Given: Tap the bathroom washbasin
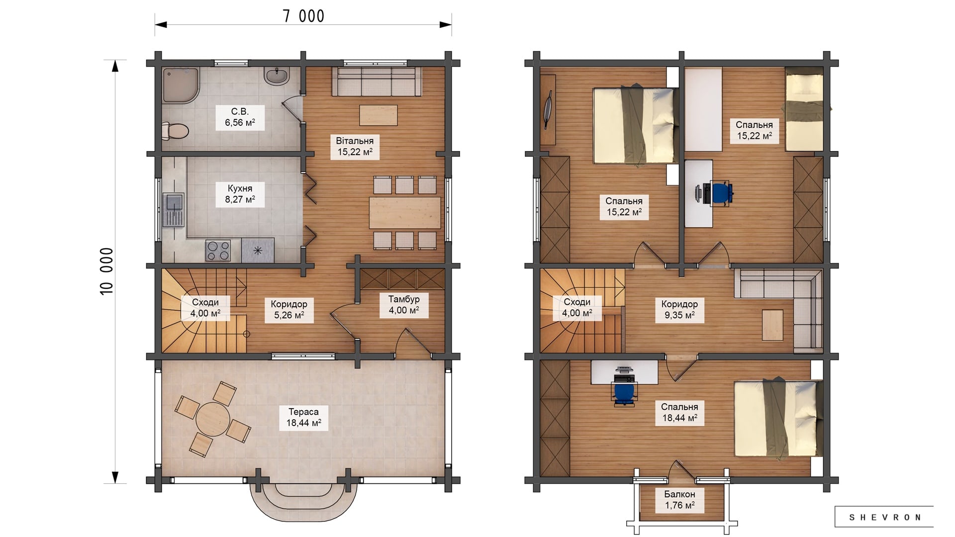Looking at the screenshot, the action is click(x=277, y=76).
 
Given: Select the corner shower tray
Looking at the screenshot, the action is click(x=181, y=86).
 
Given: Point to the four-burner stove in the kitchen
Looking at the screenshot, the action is click(x=218, y=250).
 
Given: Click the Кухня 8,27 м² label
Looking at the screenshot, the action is click(x=240, y=194).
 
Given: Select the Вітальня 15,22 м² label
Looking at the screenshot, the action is click(x=355, y=146).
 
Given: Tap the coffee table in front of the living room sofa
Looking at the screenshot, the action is click(x=379, y=115).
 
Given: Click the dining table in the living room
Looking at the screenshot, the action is click(x=405, y=212).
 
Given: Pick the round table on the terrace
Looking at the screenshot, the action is click(x=213, y=418).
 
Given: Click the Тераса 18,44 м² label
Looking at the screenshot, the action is click(x=303, y=417).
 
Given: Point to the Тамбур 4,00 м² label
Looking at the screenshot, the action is click(x=404, y=304).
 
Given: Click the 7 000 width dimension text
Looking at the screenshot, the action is click(x=303, y=16).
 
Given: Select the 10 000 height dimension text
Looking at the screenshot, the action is click(x=107, y=271).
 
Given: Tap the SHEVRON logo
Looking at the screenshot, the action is click(x=884, y=517).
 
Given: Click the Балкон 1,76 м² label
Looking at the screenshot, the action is click(x=679, y=500).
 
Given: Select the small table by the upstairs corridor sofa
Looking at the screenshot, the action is click(x=772, y=325).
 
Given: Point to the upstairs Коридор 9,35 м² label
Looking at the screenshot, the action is click(x=679, y=309).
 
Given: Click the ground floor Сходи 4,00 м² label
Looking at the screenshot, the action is click(x=205, y=308).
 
